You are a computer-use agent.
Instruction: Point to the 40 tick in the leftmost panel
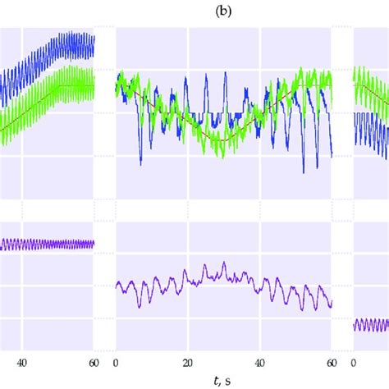(x=22, y=363)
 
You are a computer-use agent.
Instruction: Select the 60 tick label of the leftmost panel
(x=93, y=363)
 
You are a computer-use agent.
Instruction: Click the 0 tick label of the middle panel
(x=116, y=363)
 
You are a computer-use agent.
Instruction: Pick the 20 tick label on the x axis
(x=187, y=363)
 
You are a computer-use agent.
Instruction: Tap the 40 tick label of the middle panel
(x=259, y=363)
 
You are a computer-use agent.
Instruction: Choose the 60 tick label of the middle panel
(x=330, y=363)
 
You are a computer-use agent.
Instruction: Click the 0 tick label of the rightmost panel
(x=355, y=363)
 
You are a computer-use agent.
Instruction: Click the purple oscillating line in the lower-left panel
(x=49, y=245)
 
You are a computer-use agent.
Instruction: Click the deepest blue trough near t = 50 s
(x=304, y=172)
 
